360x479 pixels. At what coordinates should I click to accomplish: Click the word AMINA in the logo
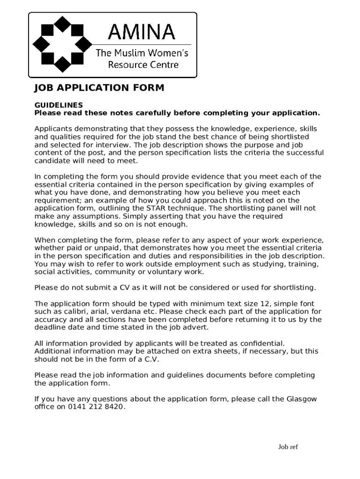141,32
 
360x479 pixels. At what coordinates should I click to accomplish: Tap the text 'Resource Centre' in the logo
143,65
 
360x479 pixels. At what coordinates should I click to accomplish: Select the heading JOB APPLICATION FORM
99,88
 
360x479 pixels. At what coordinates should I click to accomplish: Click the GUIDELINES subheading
58,105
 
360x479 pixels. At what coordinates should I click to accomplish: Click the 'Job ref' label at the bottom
288,447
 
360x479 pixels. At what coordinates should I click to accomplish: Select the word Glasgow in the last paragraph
302,399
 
